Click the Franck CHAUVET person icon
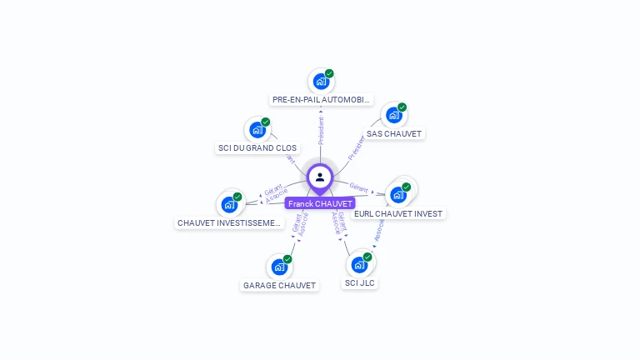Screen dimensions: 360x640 tap(320, 177)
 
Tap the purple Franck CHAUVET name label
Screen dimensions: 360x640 tap(320, 203)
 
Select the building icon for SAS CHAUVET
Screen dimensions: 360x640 tap(392, 115)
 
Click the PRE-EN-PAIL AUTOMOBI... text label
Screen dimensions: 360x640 tap(321, 100)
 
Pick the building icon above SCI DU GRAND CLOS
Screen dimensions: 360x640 tap(257, 130)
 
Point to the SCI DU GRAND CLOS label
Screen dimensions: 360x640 tap(257, 148)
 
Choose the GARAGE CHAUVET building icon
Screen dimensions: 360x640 tap(278, 267)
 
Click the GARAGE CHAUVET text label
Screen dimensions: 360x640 tap(279, 285)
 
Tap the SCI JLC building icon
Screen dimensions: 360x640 tap(359, 265)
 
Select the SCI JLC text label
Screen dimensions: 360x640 tap(360, 283)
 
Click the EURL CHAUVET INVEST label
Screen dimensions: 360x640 tap(398, 214)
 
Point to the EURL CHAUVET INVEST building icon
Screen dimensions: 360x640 tap(397, 195)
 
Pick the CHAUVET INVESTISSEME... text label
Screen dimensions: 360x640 tap(230, 223)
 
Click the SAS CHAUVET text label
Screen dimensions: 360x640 tap(394, 133)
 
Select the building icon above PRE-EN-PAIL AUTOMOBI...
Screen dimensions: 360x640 tap(320, 82)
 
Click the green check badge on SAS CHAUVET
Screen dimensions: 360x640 tap(402, 107)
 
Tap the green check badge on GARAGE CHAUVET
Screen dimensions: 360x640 tap(287, 259)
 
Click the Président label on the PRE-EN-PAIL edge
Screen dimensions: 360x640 tap(321, 130)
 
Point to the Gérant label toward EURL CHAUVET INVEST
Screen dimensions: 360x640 tap(358, 188)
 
